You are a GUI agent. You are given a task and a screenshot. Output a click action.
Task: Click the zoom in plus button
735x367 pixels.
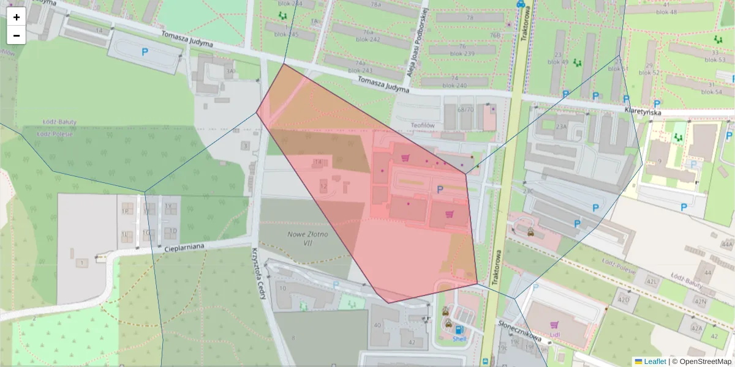pos(17,17)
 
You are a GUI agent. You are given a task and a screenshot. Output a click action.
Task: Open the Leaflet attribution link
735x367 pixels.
pos(655,361)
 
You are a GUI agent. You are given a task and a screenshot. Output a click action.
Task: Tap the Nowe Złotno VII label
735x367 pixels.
pos(307,239)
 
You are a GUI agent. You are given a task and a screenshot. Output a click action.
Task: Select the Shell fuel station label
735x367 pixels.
pos(459,338)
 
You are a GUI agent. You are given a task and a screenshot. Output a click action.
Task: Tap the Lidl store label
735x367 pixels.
pos(555,335)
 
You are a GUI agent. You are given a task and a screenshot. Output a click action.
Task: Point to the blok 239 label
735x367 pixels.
pos(462,53)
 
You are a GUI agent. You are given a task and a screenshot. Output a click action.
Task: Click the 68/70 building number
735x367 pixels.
pos(466,109)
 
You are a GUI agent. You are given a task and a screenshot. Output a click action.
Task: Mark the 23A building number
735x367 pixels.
pos(561,127)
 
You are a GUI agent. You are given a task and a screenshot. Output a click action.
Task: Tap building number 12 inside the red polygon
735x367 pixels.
pos(323,185)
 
